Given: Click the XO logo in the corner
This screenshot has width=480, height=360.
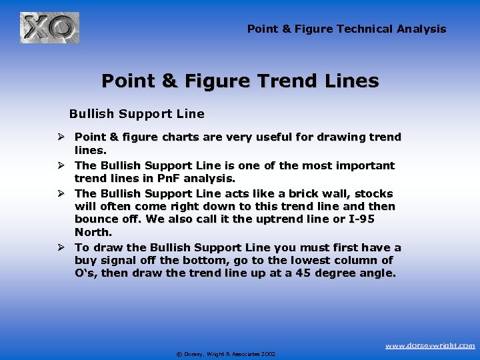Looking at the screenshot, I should click(49, 27).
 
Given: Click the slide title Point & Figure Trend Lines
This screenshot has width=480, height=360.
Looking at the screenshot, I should click(240, 81).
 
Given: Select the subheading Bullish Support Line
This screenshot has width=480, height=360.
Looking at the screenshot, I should click(137, 114).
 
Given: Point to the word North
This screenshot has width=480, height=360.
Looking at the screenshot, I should click(93, 233).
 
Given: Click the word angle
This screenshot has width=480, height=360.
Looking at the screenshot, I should click(377, 273).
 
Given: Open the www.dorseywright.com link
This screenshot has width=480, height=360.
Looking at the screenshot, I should click(431, 345).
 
